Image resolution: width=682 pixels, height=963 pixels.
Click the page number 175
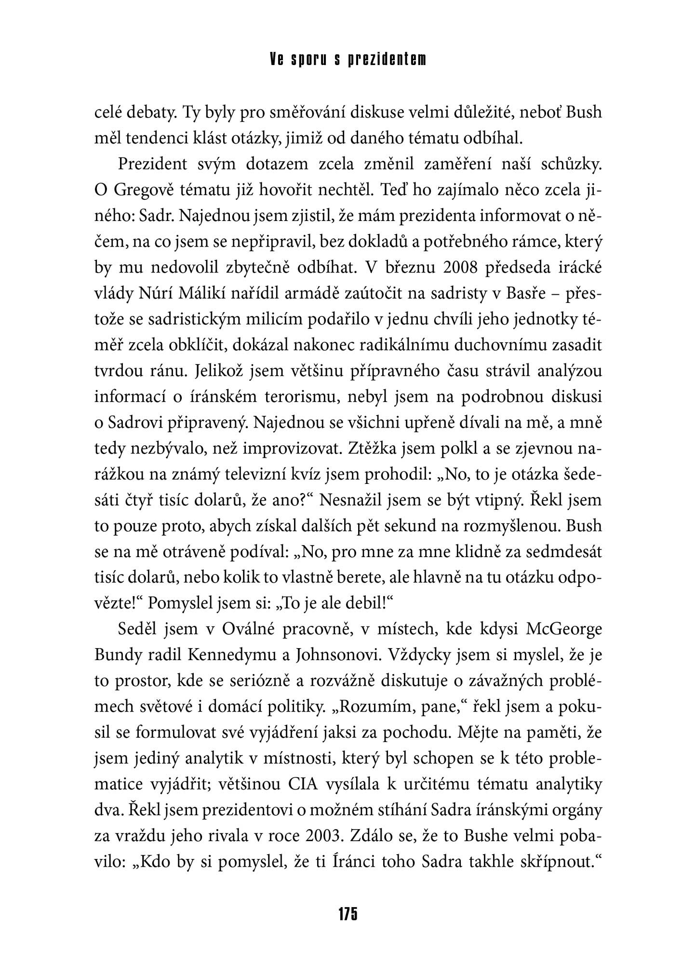pyautogui.click(x=347, y=913)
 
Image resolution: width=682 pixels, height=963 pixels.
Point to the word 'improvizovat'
pyautogui.click(x=287, y=449)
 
